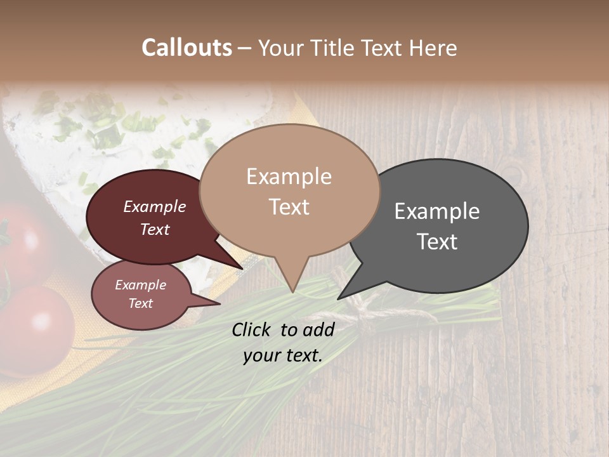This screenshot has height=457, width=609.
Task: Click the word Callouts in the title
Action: point(187,48)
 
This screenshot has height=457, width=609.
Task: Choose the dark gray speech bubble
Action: point(444,225)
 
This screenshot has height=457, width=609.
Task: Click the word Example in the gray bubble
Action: point(437,211)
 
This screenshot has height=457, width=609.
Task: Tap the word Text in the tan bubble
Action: point(289,207)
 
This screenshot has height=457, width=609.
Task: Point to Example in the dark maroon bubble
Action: point(155,206)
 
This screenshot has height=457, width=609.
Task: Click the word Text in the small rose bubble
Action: point(141,303)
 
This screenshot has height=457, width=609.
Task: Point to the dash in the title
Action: point(245,48)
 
